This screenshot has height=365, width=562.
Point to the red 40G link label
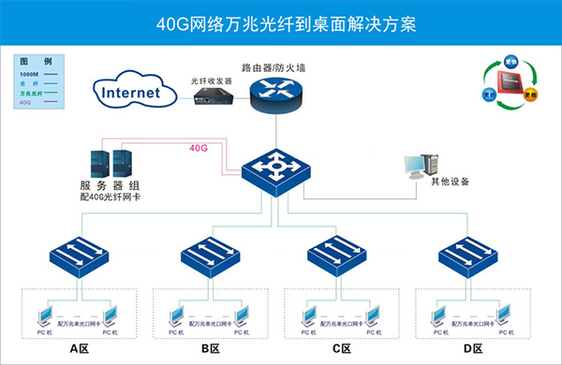tap(198, 148)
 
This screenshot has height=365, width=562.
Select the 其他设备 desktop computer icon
tap(419, 167)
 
